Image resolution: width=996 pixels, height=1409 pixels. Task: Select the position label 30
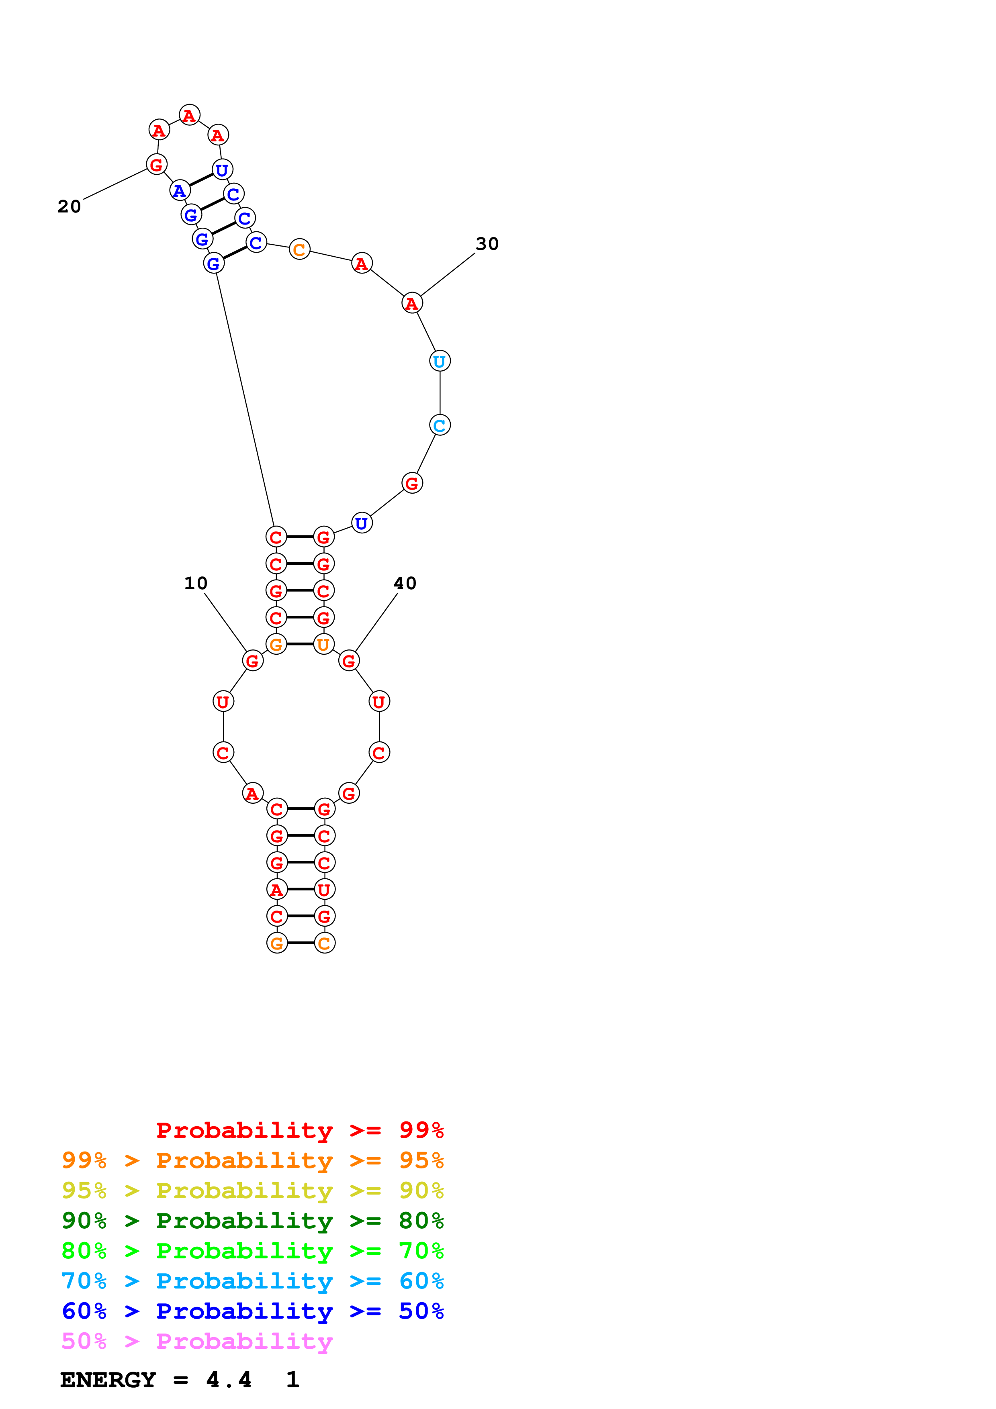(x=487, y=244)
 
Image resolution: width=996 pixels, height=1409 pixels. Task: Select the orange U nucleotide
(x=323, y=644)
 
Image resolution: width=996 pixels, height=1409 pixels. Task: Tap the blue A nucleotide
(x=179, y=191)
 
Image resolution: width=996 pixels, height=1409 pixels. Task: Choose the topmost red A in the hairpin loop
(x=189, y=115)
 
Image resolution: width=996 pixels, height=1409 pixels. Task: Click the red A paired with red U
(x=277, y=889)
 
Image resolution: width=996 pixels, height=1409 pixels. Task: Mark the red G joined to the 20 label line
(x=156, y=164)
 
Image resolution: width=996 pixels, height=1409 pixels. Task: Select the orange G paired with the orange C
(x=277, y=943)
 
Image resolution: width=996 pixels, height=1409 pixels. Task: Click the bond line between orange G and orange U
(x=300, y=644)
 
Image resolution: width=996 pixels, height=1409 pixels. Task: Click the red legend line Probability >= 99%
(x=300, y=1130)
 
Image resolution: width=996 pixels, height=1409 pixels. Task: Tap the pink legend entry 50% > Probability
(x=197, y=1341)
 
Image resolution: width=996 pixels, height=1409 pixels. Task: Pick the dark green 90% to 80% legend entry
(x=252, y=1221)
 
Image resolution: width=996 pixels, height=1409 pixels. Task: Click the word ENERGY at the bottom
(x=108, y=1380)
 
